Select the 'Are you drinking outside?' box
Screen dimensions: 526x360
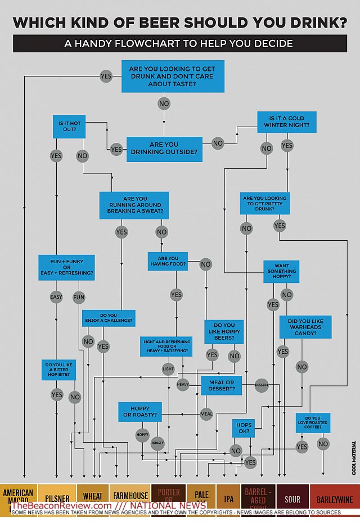164,149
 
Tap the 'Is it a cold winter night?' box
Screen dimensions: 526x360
286,122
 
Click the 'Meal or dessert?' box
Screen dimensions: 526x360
221,386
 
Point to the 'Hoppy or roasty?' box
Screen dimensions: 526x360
139,412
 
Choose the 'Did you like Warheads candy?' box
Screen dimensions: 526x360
305,327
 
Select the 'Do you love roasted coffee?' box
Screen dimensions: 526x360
313,423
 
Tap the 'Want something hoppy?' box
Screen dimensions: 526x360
281,271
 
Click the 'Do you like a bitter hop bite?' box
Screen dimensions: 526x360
58,370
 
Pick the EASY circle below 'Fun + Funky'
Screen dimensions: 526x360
56,297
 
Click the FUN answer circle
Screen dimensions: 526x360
79,297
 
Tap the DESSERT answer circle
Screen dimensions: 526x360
262,385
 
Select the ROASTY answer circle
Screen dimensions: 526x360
157,443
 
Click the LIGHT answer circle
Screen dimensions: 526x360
168,370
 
